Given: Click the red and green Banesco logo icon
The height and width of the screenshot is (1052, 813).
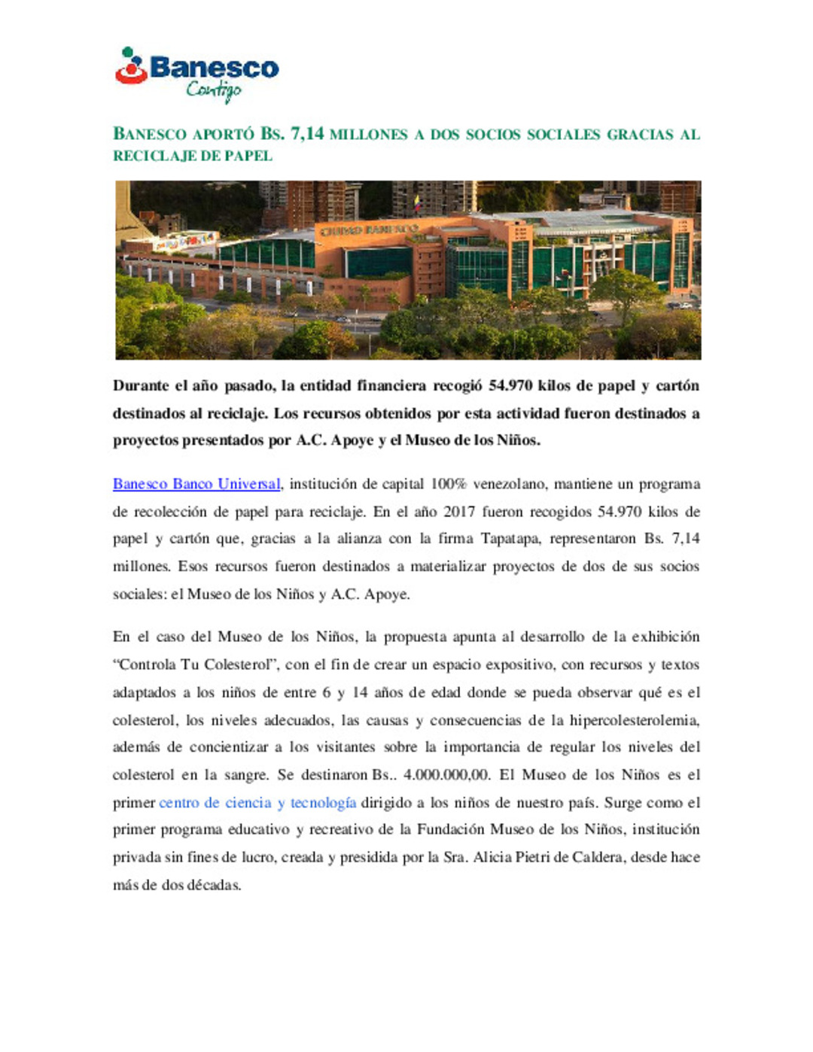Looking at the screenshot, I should pos(131,67).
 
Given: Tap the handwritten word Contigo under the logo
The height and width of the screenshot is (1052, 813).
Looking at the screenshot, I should pos(214,91).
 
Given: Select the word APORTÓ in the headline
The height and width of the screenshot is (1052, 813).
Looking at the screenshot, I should pos(224,135).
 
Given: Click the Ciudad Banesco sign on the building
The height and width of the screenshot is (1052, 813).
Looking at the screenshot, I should pos(369,229).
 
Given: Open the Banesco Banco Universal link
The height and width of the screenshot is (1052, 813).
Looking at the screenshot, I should pos(196,484).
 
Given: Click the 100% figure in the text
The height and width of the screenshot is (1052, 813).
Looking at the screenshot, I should pos(448,484).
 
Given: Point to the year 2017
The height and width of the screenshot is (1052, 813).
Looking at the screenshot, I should pos(459,512).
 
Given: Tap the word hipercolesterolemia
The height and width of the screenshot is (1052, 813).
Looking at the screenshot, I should pos(634,720).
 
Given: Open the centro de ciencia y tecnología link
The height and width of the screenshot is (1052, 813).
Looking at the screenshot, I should pos(257,803).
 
